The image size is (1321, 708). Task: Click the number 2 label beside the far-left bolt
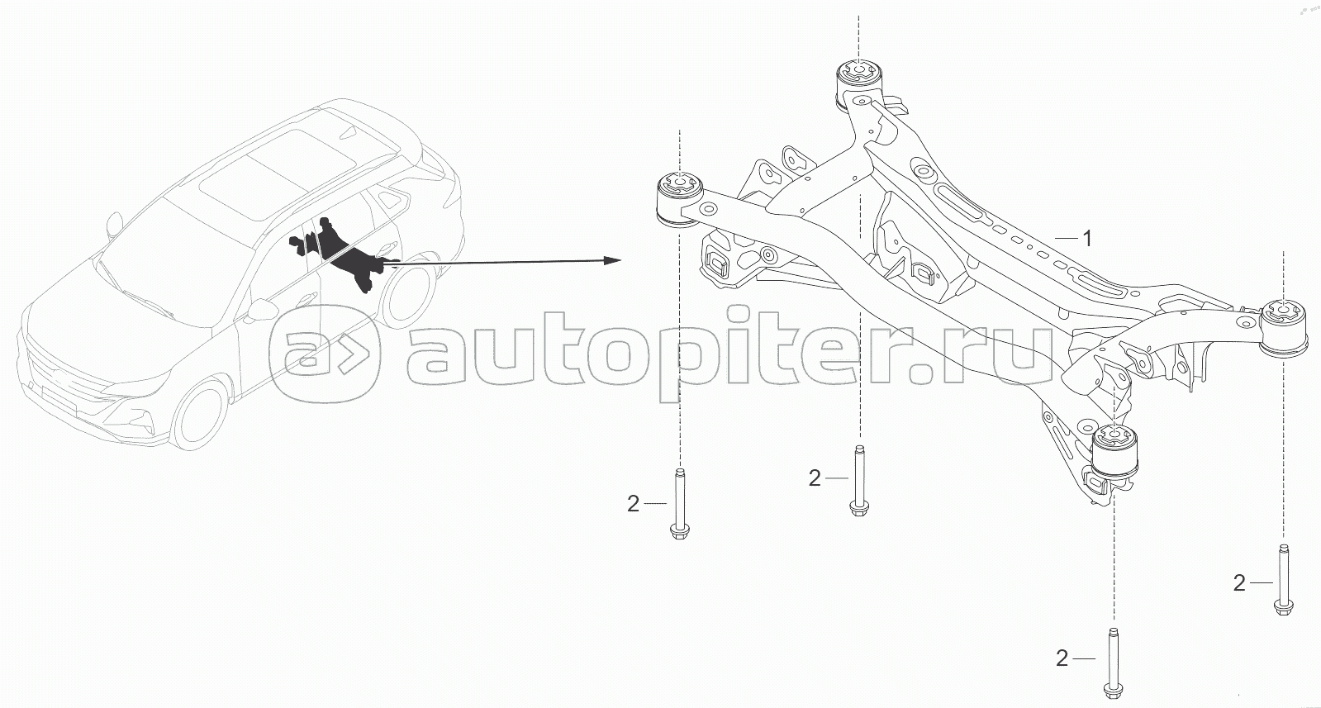pyautogui.click(x=633, y=504)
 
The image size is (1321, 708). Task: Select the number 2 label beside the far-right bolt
pyautogui.click(x=1239, y=583)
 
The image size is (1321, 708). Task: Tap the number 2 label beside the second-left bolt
pyautogui.click(x=815, y=478)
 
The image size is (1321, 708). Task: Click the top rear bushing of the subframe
pyautogui.click(x=859, y=83)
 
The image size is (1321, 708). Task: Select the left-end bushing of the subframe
pyautogui.click(x=679, y=198)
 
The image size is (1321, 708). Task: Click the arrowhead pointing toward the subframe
pyautogui.click(x=613, y=260)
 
